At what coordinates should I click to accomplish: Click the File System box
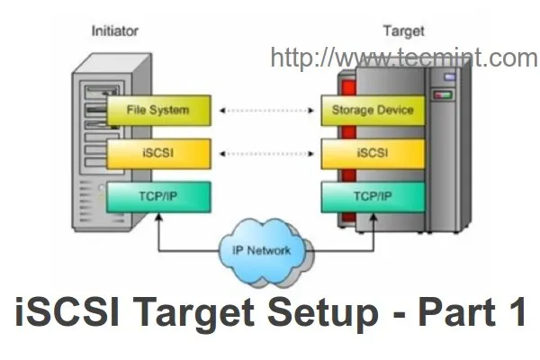coord(159,111)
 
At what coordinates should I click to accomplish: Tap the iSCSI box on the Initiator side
coord(159,154)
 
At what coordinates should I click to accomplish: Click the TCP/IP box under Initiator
coord(159,197)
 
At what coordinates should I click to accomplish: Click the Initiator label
coord(115,31)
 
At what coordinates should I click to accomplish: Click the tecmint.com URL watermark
coord(403,58)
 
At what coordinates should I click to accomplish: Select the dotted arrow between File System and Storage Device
coord(265,112)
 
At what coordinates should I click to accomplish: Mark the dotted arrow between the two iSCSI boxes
coord(265,154)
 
